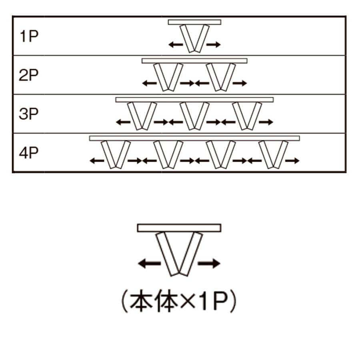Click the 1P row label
pyautogui.click(x=29, y=36)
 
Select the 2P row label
pyautogui.click(x=28, y=75)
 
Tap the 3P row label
pyautogui.click(x=28, y=114)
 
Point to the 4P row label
pyautogui.click(x=28, y=153)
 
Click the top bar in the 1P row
pyautogui.click(x=194, y=22)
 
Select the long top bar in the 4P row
pyautogui.click(x=194, y=138)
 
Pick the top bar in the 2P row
pyautogui.click(x=194, y=61)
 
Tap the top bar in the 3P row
pyautogui.click(x=194, y=100)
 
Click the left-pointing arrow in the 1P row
pyautogui.click(x=176, y=44)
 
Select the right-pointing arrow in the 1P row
pyautogui.click(x=214, y=44)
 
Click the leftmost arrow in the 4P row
pyautogui.click(x=97, y=161)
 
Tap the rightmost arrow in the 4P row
pyautogui.click(x=292, y=161)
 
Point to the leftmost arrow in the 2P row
pyautogui.click(x=150, y=83)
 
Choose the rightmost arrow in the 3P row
pyautogui.click(x=266, y=122)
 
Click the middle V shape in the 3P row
pyautogui.click(x=194, y=116)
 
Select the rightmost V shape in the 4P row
pyautogui.click(x=273, y=155)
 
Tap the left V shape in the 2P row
pyautogui.click(x=168, y=77)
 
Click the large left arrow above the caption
pyautogui.click(x=149, y=263)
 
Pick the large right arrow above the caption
pyautogui.click(x=209, y=263)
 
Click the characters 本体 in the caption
pyautogui.click(x=154, y=301)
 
